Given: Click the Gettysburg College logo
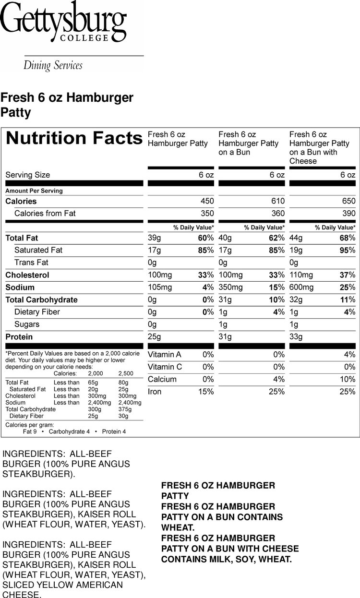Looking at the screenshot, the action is (x=63, y=21).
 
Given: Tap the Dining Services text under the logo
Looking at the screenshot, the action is (x=53, y=65).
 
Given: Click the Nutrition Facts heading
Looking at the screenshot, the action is (x=74, y=138).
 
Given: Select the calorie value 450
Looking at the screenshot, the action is (x=207, y=201).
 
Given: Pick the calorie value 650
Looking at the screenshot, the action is (x=348, y=201).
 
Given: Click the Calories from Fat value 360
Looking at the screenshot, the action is (x=278, y=213).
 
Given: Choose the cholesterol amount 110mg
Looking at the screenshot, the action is (x=301, y=275).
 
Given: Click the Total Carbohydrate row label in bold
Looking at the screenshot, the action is (x=41, y=300).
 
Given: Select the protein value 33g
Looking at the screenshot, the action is (x=296, y=336).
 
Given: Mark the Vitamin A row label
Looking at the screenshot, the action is (x=165, y=355).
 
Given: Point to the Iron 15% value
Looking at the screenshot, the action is (x=206, y=392).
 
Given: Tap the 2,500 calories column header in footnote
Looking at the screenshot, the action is (x=126, y=373).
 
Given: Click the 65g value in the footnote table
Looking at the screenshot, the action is (x=93, y=383).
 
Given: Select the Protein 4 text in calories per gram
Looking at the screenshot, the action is (x=114, y=431).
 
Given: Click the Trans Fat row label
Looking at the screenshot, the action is (x=31, y=263).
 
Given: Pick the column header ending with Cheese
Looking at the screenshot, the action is (x=319, y=148).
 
